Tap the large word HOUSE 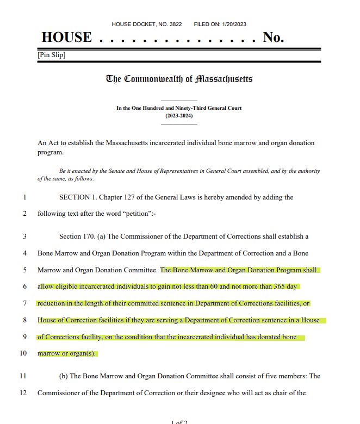pos(66,38)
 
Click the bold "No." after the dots pos(273,38)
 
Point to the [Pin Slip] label pos(52,55)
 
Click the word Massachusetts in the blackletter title pos(224,79)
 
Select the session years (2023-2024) pos(179,115)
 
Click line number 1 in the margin pos(24,197)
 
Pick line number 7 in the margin pos(24,303)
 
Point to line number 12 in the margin pos(23,392)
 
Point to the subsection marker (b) pos(63,376)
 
